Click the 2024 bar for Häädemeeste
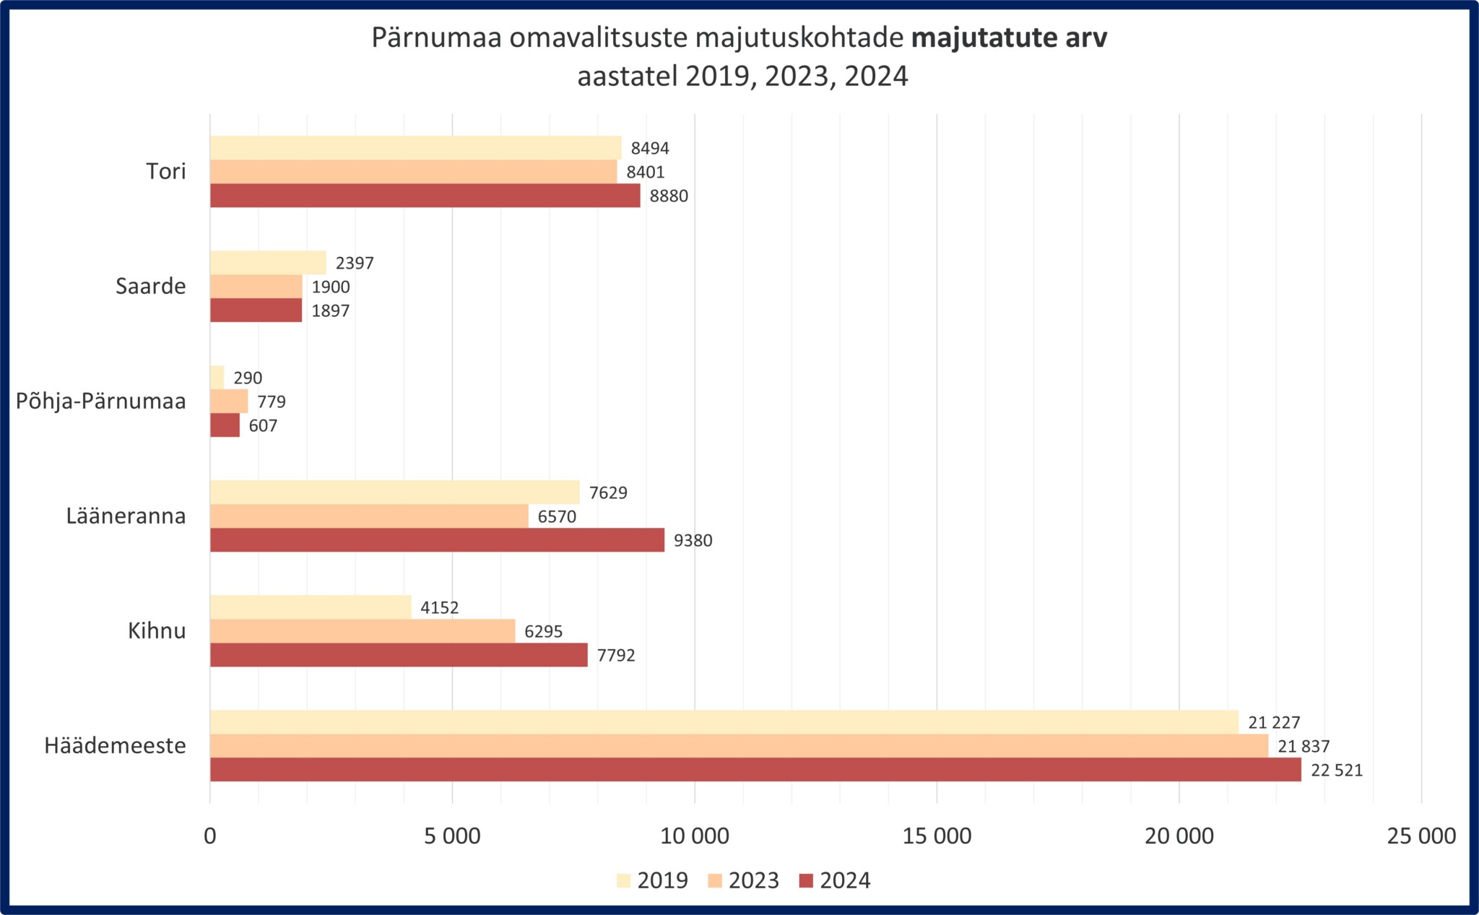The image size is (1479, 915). pyautogui.click(x=755, y=770)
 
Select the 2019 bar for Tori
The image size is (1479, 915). pyautogui.click(x=415, y=147)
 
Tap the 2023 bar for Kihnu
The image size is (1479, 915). pyautogui.click(x=363, y=631)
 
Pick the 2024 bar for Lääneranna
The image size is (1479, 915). pyautogui.click(x=437, y=540)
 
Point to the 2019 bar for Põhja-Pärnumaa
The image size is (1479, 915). pyautogui.click(x=217, y=377)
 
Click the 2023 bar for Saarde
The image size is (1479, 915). pyautogui.click(x=256, y=287)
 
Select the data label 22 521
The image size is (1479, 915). pyautogui.click(x=1337, y=771)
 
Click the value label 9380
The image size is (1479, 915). pyautogui.click(x=693, y=541)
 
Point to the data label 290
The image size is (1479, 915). pyautogui.click(x=248, y=378)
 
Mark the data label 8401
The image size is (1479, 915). pyautogui.click(x=646, y=172)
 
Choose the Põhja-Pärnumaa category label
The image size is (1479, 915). pyautogui.click(x=101, y=402)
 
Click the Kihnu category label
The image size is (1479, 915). pyautogui.click(x=157, y=631)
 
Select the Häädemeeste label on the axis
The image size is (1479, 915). pyautogui.click(x=116, y=746)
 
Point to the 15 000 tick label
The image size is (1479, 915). pyautogui.click(x=937, y=836)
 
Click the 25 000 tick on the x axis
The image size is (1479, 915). pyautogui.click(x=1421, y=836)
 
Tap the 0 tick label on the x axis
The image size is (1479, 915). pyautogui.click(x=210, y=836)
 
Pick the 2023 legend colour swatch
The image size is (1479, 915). pyautogui.click(x=716, y=881)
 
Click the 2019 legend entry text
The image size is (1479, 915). pyautogui.click(x=662, y=881)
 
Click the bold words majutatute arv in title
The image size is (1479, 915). pyautogui.click(x=1009, y=38)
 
